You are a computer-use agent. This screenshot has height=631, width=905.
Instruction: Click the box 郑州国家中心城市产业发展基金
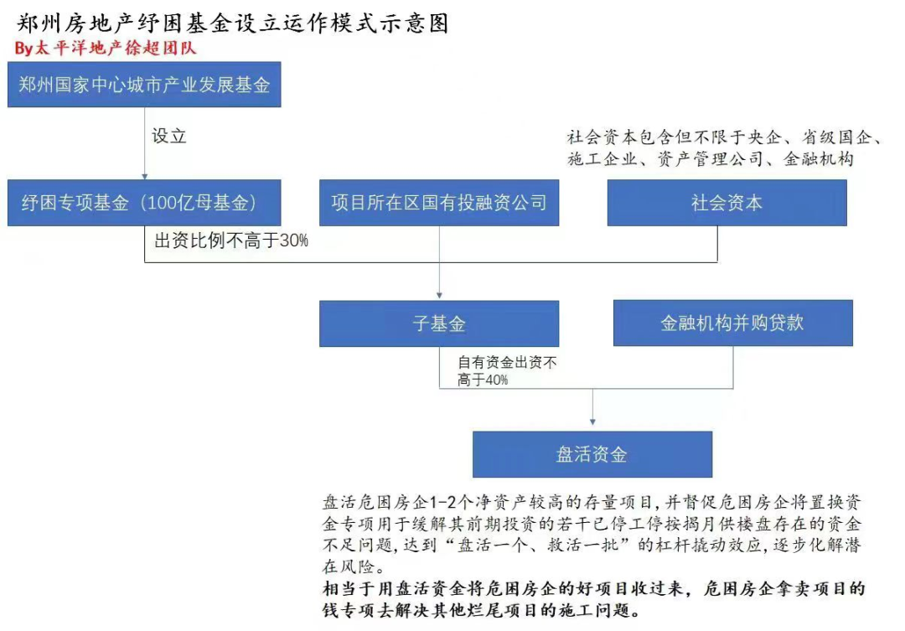[x=144, y=85]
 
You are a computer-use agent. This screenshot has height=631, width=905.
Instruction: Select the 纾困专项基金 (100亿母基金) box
[x=144, y=203]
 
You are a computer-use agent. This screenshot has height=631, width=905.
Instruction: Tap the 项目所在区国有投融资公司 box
[x=438, y=203]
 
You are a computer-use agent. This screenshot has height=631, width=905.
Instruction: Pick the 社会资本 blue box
[x=727, y=203]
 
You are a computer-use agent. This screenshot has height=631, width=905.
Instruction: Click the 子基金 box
[x=438, y=323]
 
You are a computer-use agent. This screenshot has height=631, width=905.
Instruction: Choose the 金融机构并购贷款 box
[x=732, y=323]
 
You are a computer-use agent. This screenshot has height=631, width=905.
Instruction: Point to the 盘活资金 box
[x=592, y=455]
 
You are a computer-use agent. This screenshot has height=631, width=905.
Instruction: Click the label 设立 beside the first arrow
[x=168, y=136]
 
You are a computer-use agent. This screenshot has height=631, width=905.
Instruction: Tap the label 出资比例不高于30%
[x=232, y=241]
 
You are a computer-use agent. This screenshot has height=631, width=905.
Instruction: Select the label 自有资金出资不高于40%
[x=507, y=371]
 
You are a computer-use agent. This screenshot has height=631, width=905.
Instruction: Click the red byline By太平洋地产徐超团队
[x=105, y=48]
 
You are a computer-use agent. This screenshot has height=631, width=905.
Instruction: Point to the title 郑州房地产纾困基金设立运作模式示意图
[x=233, y=23]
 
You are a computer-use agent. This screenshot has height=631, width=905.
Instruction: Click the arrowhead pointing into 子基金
[x=439, y=295]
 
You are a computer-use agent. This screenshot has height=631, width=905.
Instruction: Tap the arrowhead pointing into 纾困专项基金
[x=145, y=175]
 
